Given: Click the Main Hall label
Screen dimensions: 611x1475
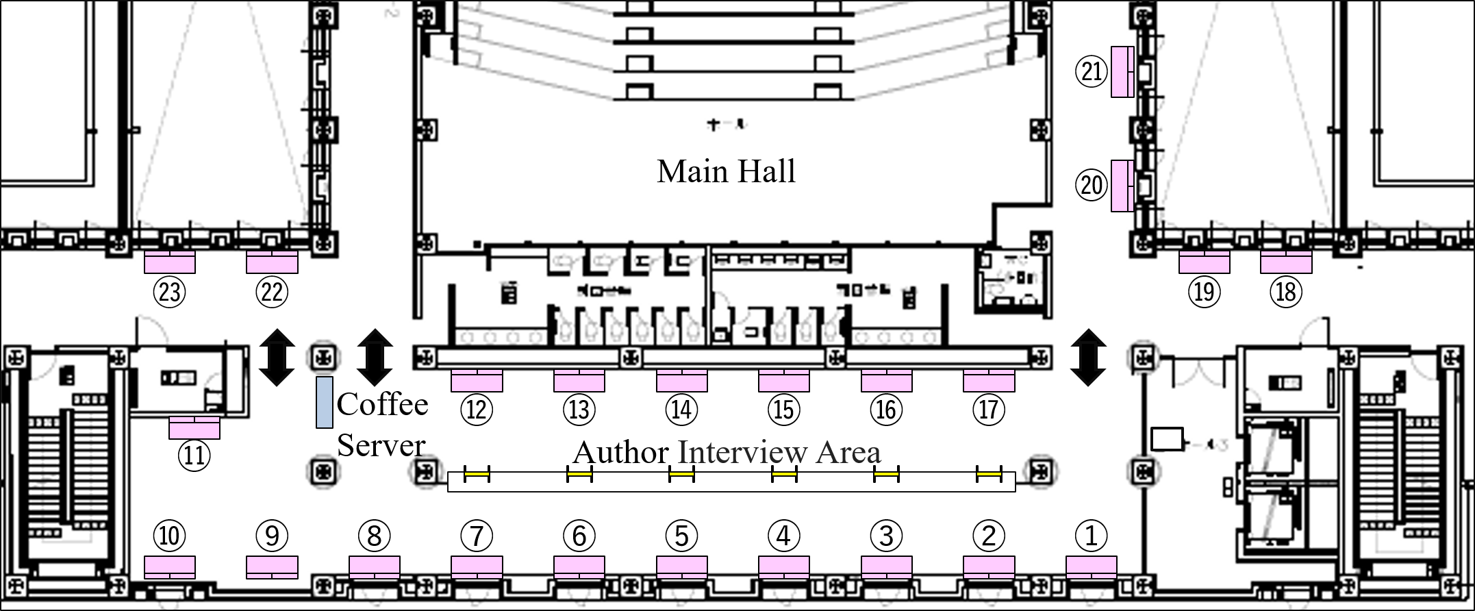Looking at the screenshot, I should click(x=726, y=171).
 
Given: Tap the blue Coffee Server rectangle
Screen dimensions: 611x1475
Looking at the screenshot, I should click(x=324, y=402).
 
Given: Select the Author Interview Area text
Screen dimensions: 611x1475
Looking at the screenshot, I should click(x=727, y=452).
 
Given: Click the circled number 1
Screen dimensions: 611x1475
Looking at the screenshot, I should click(x=1091, y=536).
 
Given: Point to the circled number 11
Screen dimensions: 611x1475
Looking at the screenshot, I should click(x=194, y=455).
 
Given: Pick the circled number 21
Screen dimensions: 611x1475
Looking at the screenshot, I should click(x=1091, y=71).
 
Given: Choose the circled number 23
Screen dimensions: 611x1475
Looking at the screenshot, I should click(x=169, y=292).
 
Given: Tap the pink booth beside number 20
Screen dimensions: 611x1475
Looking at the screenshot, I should click(x=1122, y=186).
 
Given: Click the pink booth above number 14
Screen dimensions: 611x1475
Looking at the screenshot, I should click(x=681, y=381).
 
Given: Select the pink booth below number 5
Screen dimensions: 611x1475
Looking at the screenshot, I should click(x=681, y=567).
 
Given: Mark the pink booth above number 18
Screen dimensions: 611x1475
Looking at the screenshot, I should click(x=1286, y=262).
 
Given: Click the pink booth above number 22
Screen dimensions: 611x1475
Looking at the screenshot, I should click(x=272, y=262).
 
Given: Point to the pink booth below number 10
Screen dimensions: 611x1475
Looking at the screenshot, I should click(x=169, y=567).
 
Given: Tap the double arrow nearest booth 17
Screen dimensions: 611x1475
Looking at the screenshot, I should click(x=1088, y=358).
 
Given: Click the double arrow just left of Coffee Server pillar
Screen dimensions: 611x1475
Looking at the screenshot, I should click(x=277, y=358).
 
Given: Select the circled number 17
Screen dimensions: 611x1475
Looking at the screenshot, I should click(x=988, y=410).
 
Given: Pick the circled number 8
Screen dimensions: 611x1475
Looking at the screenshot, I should click(x=374, y=536).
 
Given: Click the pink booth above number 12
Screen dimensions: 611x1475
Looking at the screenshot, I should click(x=477, y=381).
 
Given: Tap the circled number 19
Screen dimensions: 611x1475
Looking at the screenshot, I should click(x=1204, y=292).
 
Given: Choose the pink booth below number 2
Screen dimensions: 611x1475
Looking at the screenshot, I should click(x=989, y=567).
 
